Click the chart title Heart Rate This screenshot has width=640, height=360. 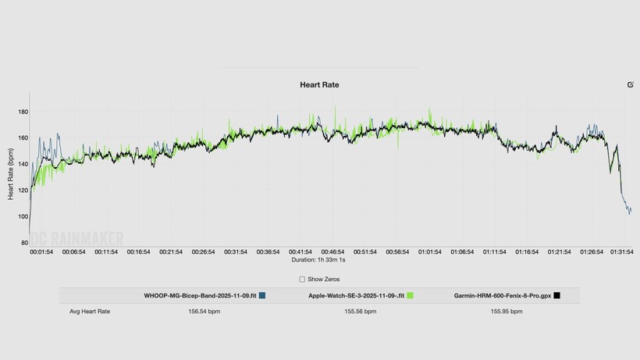pos(319,84)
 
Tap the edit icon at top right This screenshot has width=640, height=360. pos(630,84)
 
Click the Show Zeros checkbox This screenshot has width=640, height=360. pos(303,279)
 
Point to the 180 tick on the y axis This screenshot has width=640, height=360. pos(23,112)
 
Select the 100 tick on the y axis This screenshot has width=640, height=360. pos(23,216)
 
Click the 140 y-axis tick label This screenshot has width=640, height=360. pos(23,164)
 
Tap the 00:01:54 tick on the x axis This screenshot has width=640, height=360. pos(41,252)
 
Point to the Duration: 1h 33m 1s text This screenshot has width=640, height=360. pos(319,260)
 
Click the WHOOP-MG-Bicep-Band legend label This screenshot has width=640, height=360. pos(200,296)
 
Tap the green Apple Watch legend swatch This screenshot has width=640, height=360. pos(410,296)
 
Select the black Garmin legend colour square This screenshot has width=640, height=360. pos(556,296)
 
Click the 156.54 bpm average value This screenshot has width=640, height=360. pos(204,311)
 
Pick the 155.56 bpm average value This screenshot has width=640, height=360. pos(361,311)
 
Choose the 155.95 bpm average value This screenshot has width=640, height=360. pos(507,311)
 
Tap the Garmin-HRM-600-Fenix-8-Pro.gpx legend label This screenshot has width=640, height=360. pos(502,296)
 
